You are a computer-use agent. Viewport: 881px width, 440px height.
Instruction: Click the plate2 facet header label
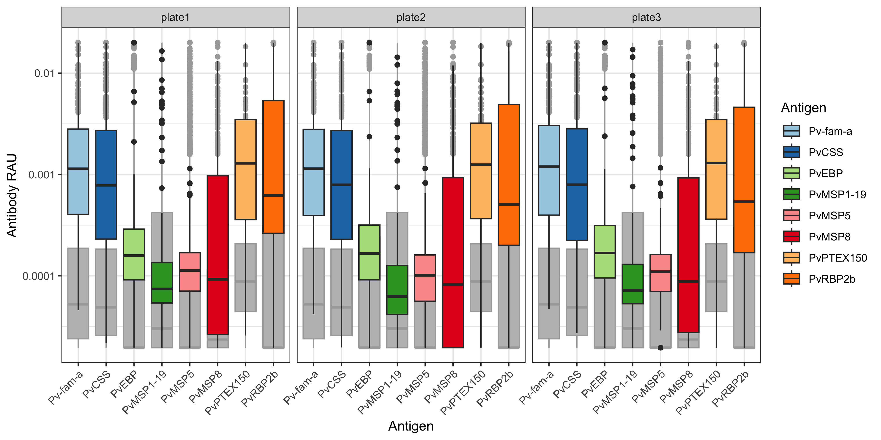(x=411, y=17)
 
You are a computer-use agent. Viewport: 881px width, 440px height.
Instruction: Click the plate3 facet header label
(x=646, y=17)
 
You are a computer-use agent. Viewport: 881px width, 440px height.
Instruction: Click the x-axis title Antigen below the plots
(x=411, y=426)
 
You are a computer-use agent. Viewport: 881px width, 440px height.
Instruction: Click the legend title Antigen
(x=803, y=108)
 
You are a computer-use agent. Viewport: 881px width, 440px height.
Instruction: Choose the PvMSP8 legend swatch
(x=791, y=236)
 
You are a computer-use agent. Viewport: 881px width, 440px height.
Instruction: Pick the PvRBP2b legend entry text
(x=832, y=279)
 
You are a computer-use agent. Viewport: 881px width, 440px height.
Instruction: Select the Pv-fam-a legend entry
(x=830, y=131)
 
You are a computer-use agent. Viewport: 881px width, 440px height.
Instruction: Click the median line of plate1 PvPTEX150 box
(x=246, y=163)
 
